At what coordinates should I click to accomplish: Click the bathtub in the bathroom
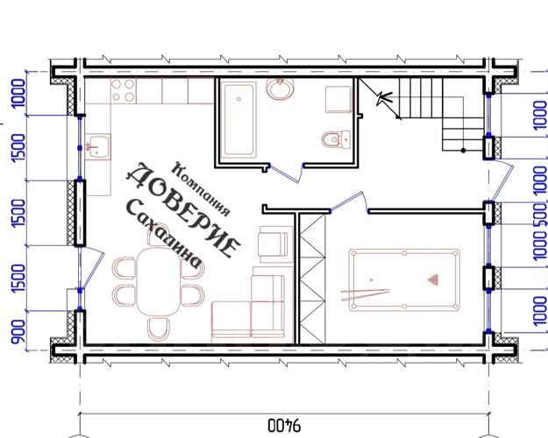coord(238,119)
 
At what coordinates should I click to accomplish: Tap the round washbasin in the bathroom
coord(280,88)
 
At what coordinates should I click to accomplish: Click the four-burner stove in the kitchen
coord(124,90)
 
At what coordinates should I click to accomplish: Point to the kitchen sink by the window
coord(98,146)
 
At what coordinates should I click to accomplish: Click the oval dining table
coord(159,281)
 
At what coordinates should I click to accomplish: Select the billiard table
coord(404,279)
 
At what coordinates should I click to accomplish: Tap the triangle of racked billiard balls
coord(433,279)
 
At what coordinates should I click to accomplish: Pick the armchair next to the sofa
coord(273,244)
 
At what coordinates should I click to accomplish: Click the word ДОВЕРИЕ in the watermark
coord(183,210)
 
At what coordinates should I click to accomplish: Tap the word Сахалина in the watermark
coord(164,233)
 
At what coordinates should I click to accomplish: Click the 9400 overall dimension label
coord(284,426)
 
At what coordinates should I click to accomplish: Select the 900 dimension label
coord(19,331)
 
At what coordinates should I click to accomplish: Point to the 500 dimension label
coord(540,214)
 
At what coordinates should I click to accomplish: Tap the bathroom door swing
coord(287,173)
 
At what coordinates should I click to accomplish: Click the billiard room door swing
coord(349,202)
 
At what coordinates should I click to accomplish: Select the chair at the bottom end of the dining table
coord(159,329)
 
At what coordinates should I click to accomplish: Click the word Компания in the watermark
coord(202,189)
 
